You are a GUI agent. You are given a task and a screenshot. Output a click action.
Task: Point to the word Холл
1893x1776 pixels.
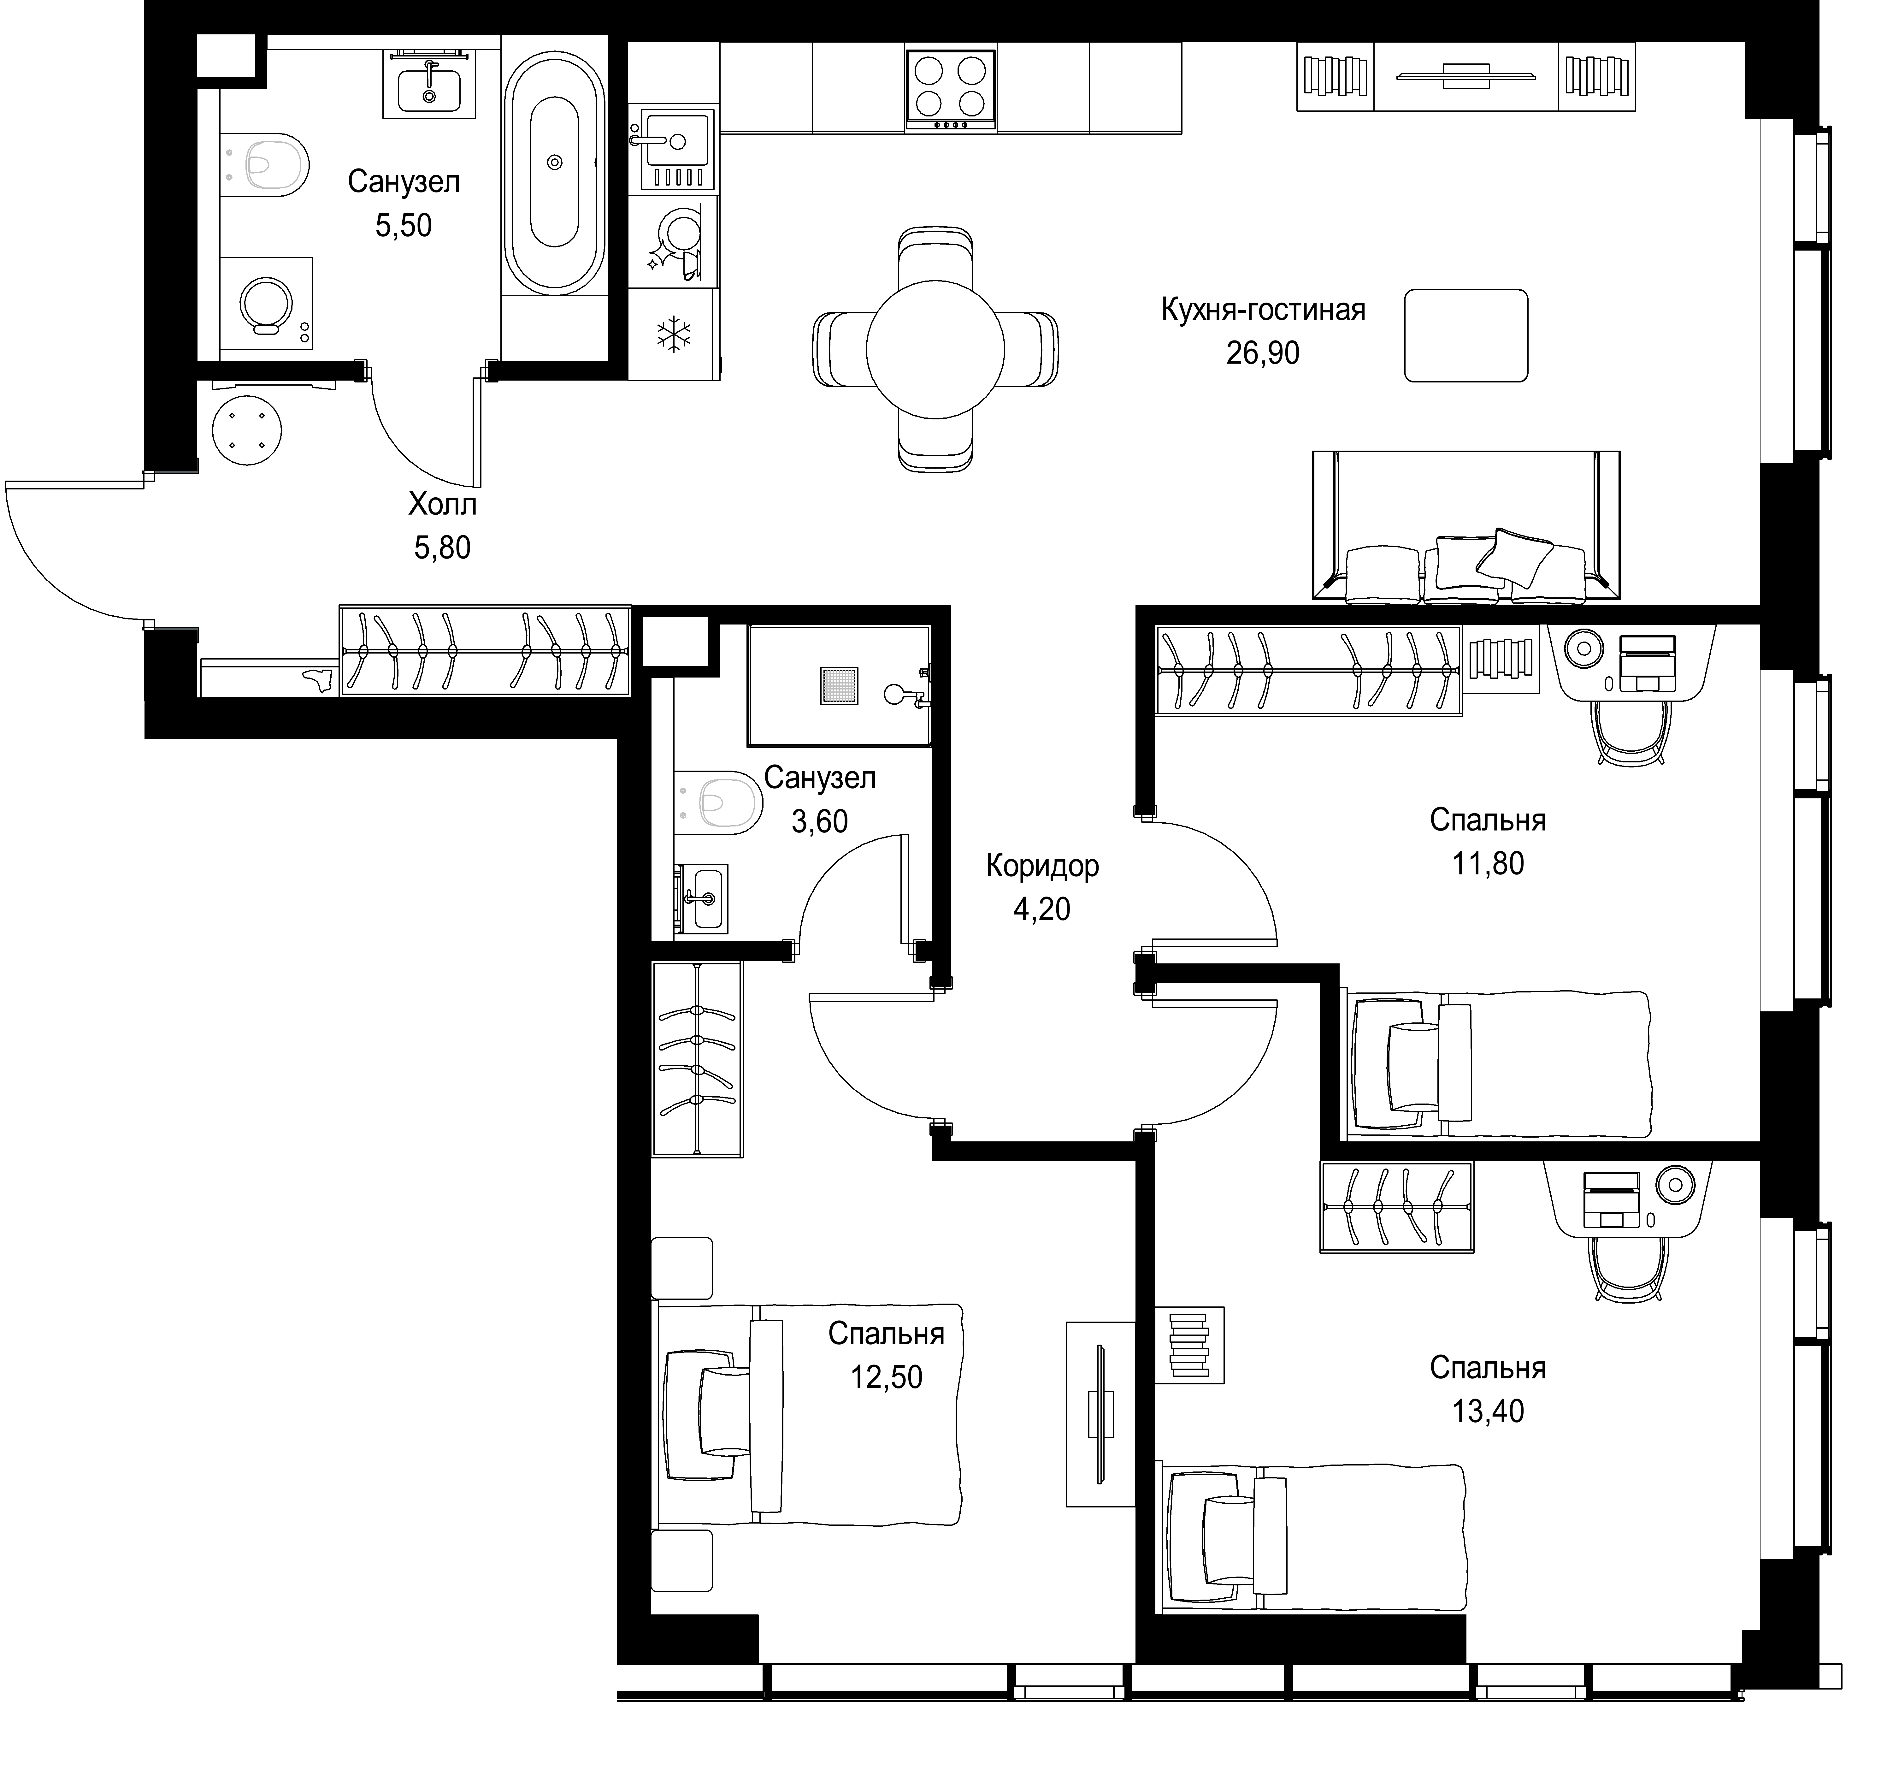tap(443, 504)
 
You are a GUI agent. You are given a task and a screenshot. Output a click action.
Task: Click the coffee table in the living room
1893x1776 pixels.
tap(1466, 336)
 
